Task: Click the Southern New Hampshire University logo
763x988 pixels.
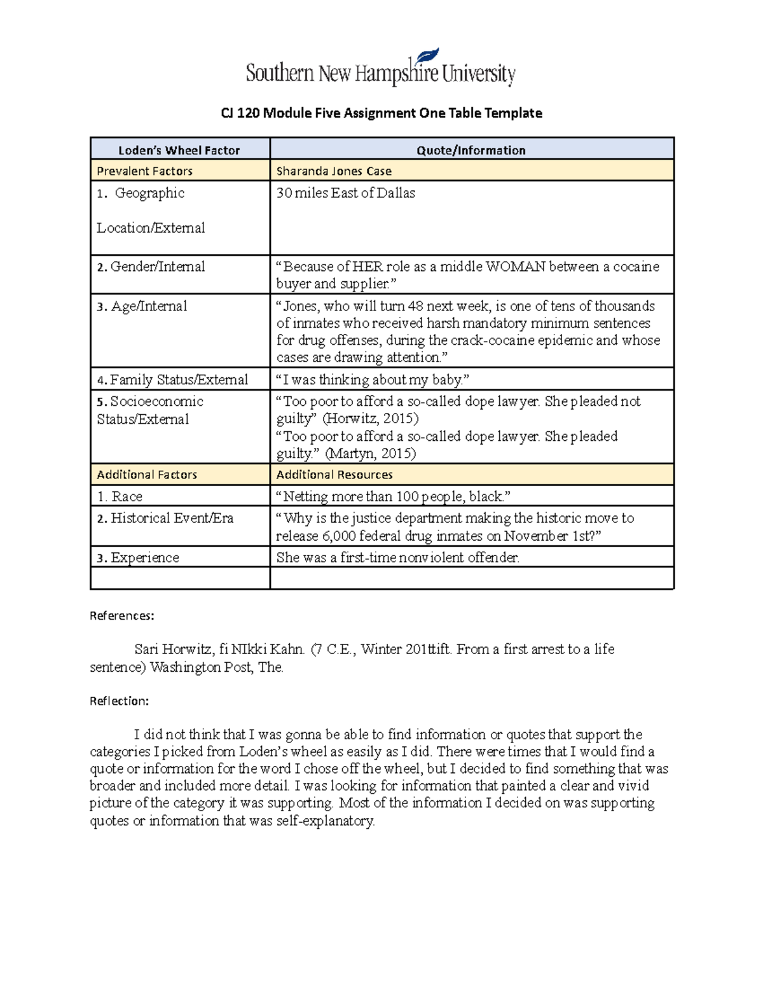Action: coord(380,69)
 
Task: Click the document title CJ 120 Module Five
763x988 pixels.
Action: coord(381,113)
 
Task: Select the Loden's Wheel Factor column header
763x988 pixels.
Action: coord(179,150)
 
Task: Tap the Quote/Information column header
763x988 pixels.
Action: coord(471,150)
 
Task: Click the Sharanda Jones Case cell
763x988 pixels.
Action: coord(334,171)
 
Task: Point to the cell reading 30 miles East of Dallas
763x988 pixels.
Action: coord(345,193)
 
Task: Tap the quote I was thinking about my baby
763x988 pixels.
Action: coord(373,380)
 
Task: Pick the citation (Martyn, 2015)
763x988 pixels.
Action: coord(370,454)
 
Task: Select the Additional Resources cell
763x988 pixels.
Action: coord(334,475)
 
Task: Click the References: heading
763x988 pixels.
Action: coord(122,616)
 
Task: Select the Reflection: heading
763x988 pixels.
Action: coord(120,701)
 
